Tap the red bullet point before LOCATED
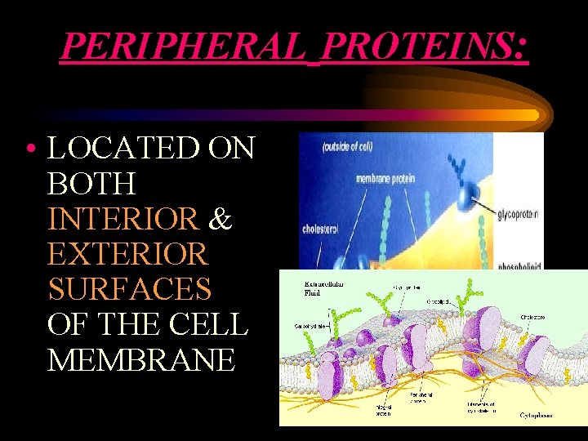29,150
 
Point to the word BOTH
91,184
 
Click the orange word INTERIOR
122,219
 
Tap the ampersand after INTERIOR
220,219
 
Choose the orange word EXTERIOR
127,254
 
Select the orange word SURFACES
129,289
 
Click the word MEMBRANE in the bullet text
140,359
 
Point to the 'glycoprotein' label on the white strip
518,213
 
